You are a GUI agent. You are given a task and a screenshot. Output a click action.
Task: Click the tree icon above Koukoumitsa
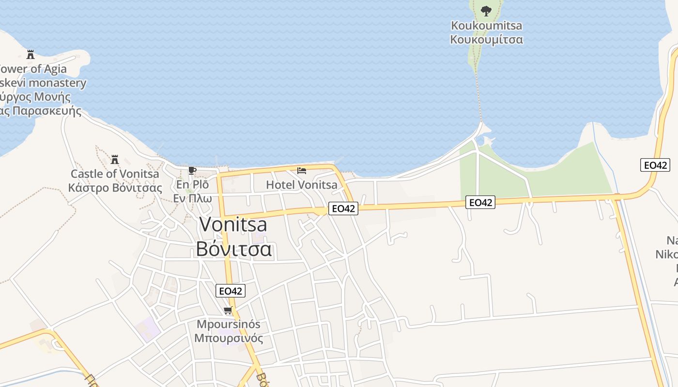pyautogui.click(x=486, y=11)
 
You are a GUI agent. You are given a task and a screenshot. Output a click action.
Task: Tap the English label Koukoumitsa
pyautogui.click(x=486, y=25)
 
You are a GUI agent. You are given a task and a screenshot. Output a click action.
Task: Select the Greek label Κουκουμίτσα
pyautogui.click(x=486, y=39)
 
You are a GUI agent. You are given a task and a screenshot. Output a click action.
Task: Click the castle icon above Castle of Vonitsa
pyautogui.click(x=115, y=159)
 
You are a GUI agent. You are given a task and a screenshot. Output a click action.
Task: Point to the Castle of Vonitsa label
pyautogui.click(x=115, y=174)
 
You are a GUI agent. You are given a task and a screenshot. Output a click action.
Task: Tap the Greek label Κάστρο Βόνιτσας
pyautogui.click(x=115, y=188)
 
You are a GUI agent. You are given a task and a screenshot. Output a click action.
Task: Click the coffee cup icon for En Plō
pyautogui.click(x=192, y=170)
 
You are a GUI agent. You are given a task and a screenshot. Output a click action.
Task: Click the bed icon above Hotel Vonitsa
pyautogui.click(x=302, y=171)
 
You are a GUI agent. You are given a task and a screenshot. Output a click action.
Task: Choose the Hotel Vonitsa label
pyautogui.click(x=302, y=185)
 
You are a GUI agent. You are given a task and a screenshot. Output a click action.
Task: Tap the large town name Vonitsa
pyautogui.click(x=233, y=224)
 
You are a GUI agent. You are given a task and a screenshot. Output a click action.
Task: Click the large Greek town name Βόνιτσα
pyautogui.click(x=233, y=249)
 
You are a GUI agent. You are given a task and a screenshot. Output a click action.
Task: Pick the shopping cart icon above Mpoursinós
pyautogui.click(x=228, y=310)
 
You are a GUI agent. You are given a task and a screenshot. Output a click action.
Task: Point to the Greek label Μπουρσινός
pyautogui.click(x=229, y=338)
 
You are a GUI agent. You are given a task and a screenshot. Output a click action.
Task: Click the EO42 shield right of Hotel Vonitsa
pyautogui.click(x=343, y=208)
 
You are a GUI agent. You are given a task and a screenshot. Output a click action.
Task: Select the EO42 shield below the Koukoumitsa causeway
pyautogui.click(x=480, y=202)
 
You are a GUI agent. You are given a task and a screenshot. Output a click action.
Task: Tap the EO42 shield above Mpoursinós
pyautogui.click(x=231, y=291)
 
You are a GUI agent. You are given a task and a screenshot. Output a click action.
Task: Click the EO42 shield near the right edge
pyautogui.click(x=655, y=165)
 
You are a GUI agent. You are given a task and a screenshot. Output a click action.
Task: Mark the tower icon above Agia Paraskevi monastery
pyautogui.click(x=31, y=54)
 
